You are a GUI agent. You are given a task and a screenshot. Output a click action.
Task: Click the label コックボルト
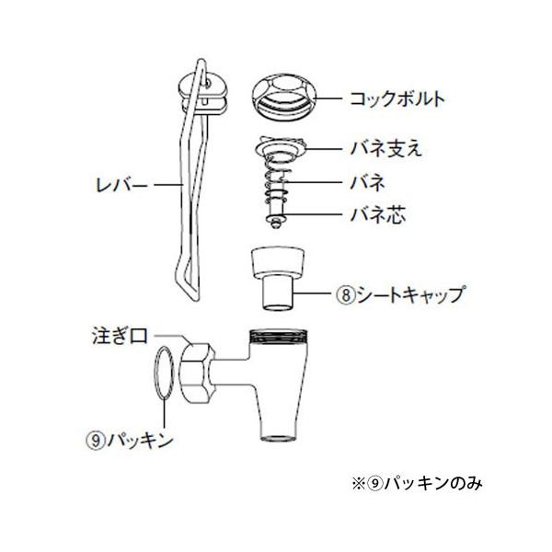[387, 97]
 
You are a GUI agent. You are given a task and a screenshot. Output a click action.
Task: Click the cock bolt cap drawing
[284, 94]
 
